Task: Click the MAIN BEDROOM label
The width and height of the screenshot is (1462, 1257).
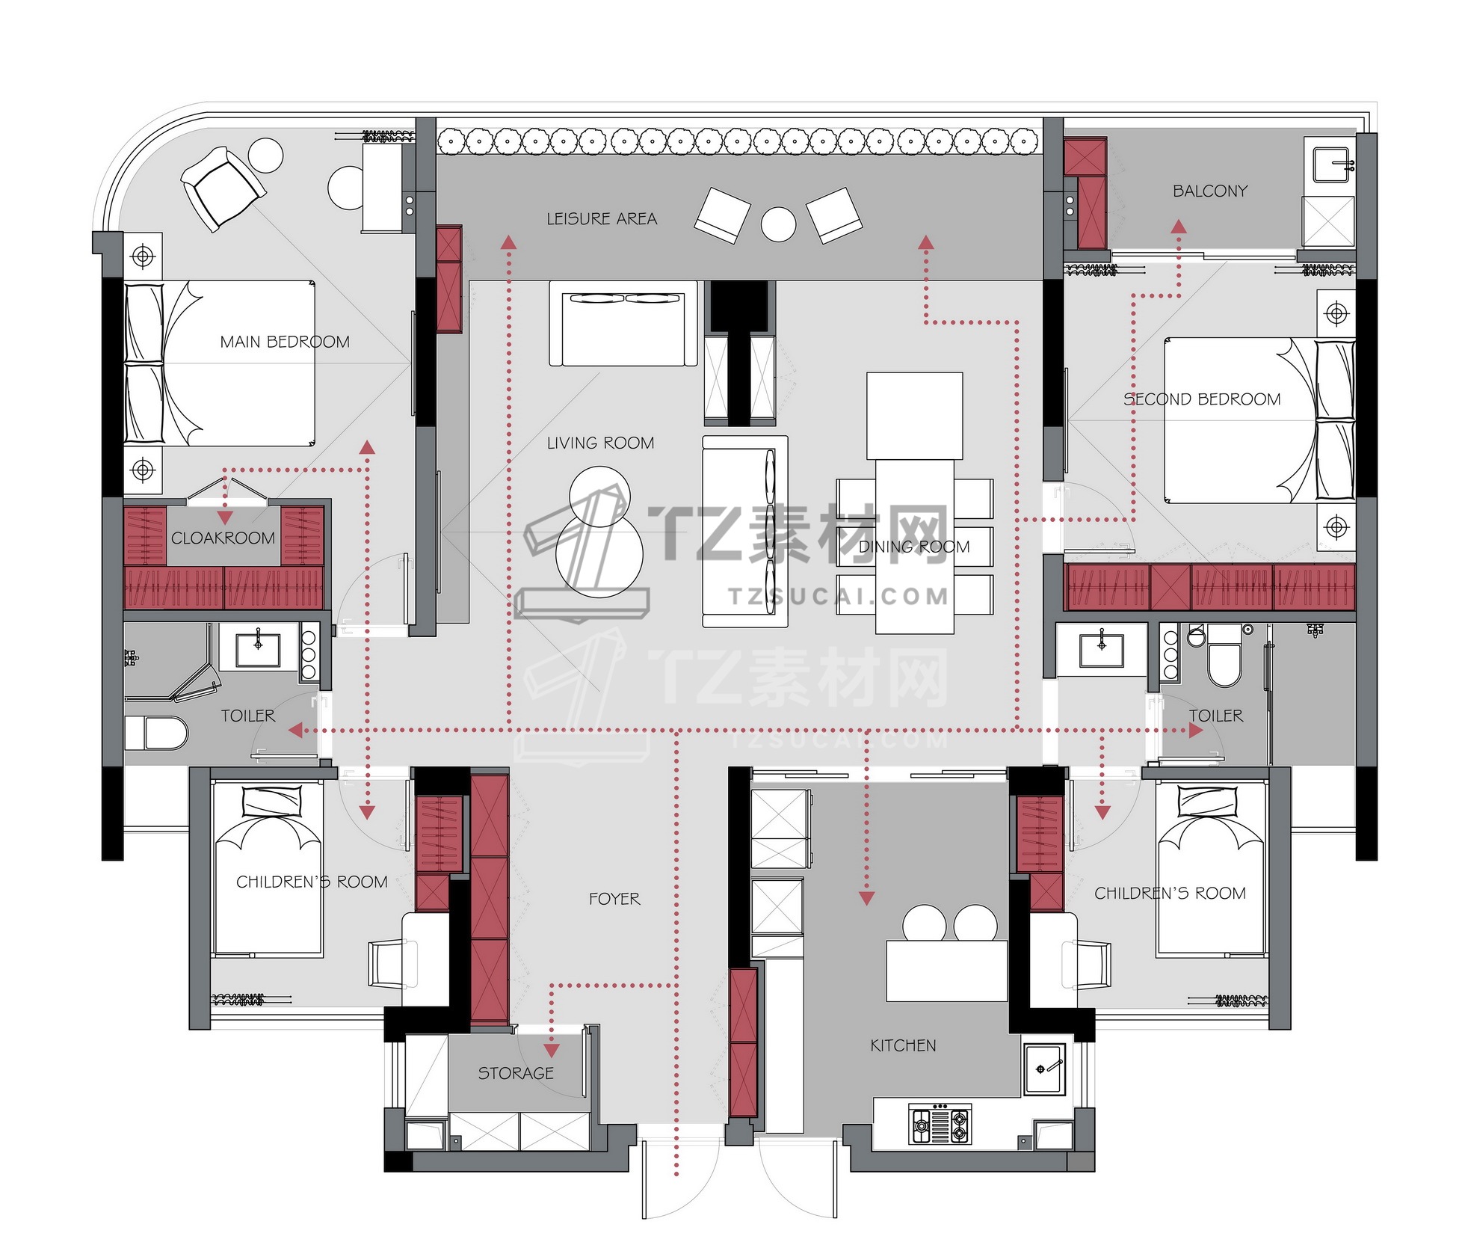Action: [x=285, y=342]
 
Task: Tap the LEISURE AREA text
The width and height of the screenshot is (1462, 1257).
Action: [x=602, y=219]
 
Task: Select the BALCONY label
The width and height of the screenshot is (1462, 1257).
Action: [x=1210, y=191]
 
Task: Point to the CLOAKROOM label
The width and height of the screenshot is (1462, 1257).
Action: [x=223, y=538]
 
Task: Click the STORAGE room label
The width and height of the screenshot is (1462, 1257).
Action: [x=516, y=1074]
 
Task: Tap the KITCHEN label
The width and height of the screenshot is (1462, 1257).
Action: [x=903, y=1045]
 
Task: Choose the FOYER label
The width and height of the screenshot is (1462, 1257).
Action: [x=614, y=899]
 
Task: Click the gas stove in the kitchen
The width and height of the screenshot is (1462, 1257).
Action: [x=940, y=1124]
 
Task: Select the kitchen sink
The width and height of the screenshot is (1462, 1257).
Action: [x=1044, y=1069]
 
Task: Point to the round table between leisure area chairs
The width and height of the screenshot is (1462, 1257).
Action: [x=778, y=224]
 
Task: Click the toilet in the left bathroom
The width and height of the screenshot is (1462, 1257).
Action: [x=156, y=733]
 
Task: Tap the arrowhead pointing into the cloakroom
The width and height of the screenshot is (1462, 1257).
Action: [x=225, y=517]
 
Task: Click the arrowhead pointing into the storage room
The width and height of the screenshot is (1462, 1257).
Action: [x=552, y=1051]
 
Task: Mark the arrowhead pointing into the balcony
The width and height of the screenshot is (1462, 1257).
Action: [x=1179, y=226]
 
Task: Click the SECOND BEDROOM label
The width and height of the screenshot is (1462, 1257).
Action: [x=1202, y=399]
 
